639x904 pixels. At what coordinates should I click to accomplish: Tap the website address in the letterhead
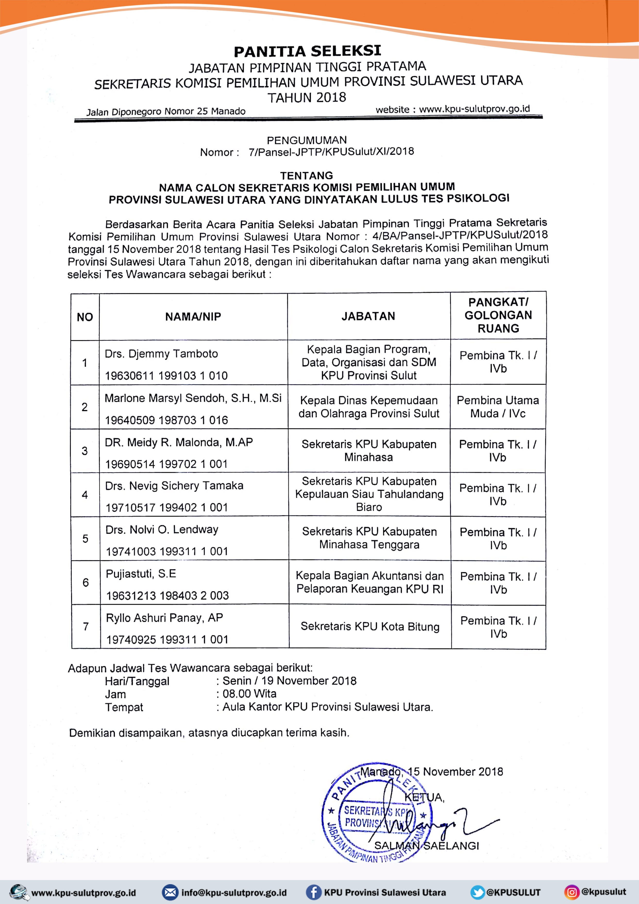pyautogui.click(x=474, y=109)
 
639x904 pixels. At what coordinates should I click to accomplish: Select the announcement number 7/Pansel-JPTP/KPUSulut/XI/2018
pyautogui.click(x=331, y=152)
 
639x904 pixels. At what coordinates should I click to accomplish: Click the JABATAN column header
pyautogui.click(x=368, y=316)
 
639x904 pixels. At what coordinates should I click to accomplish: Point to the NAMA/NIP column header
pyautogui.click(x=193, y=316)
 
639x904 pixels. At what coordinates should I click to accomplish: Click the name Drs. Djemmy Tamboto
pyautogui.click(x=161, y=354)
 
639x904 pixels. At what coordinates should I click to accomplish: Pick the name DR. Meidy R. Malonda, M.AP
pyautogui.click(x=179, y=442)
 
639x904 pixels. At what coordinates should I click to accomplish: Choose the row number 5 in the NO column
pyautogui.click(x=85, y=538)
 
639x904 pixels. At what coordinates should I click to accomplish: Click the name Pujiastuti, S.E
pyautogui.click(x=141, y=574)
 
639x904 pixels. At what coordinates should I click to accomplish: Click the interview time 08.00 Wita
pyautogui.click(x=249, y=694)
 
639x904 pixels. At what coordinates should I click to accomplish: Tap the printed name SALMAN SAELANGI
pyautogui.click(x=426, y=845)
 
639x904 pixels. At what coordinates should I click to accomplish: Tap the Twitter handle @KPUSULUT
pyautogui.click(x=514, y=892)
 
